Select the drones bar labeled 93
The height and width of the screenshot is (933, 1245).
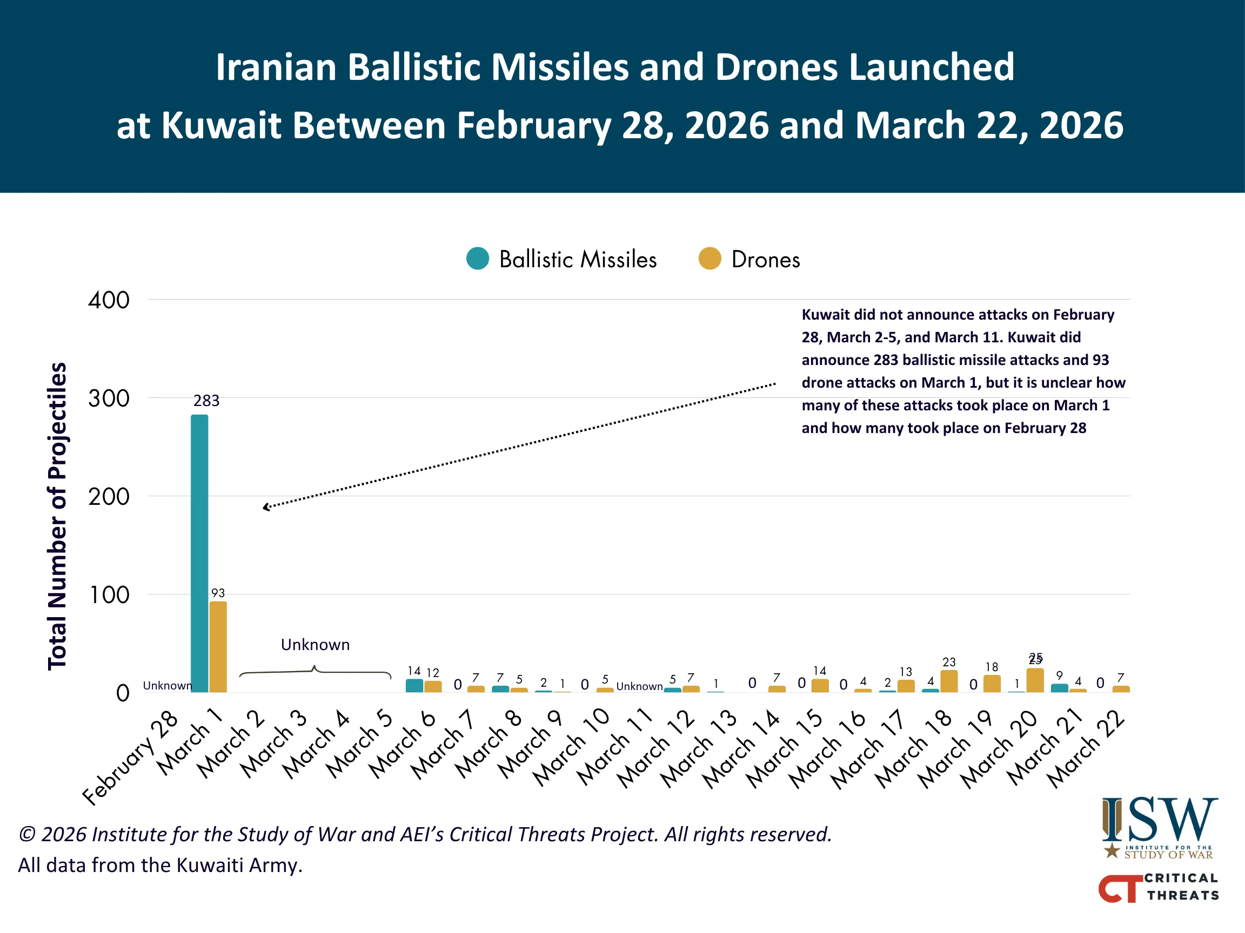pos(218,647)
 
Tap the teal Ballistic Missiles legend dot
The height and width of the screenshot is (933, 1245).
pos(478,259)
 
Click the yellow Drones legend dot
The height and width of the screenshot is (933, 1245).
pos(709,259)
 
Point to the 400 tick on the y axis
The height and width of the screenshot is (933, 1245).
pos(109,300)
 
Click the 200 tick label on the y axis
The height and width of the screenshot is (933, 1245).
pos(109,497)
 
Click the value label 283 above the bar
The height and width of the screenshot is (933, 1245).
pos(206,401)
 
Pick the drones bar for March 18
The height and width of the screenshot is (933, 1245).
pos(949,681)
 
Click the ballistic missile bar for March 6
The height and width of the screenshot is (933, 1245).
pos(414,686)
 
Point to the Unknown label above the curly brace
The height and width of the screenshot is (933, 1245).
pos(315,645)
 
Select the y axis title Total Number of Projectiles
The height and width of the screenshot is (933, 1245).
pos(57,516)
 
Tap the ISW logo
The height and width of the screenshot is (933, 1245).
pos(1160,827)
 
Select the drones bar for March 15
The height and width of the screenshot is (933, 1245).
pos(820,686)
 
